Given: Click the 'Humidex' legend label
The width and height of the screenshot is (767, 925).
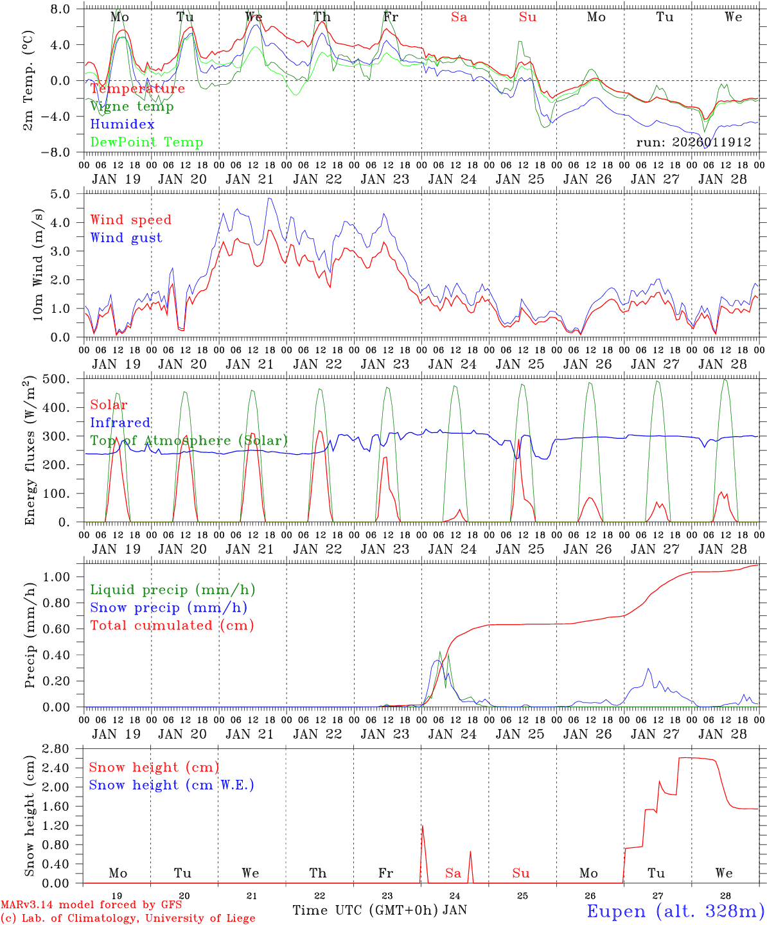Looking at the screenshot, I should [123, 125].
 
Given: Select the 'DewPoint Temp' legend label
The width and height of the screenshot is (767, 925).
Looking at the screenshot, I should [146, 143].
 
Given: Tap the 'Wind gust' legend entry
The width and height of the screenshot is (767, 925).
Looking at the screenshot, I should [126, 238].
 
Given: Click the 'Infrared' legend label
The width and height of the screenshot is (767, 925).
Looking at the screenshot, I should [120, 423].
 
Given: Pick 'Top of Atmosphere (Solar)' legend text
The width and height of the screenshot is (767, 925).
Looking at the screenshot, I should [189, 441].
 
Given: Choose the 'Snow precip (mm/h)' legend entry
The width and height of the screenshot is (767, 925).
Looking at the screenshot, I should [168, 608].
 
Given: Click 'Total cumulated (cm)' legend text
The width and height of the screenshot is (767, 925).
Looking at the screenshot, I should [172, 625].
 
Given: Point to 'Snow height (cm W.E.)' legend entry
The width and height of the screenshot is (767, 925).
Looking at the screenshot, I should [172, 785].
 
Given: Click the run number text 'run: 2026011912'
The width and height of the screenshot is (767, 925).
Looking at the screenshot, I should [694, 143].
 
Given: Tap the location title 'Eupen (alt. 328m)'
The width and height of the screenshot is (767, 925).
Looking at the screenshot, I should [675, 911].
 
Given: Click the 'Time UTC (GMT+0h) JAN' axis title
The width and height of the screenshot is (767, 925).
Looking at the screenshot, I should [380, 910].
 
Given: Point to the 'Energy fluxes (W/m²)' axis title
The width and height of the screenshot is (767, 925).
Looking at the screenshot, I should [30, 452].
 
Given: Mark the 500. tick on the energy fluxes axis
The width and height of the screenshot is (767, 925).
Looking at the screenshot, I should [65, 379].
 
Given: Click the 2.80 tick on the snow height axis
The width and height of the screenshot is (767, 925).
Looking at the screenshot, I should [63, 749].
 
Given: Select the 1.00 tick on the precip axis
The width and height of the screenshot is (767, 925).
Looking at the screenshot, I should [63, 577].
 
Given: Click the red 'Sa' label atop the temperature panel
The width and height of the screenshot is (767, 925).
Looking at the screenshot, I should [459, 17].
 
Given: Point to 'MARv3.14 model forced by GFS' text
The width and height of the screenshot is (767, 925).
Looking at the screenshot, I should [91, 905].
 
